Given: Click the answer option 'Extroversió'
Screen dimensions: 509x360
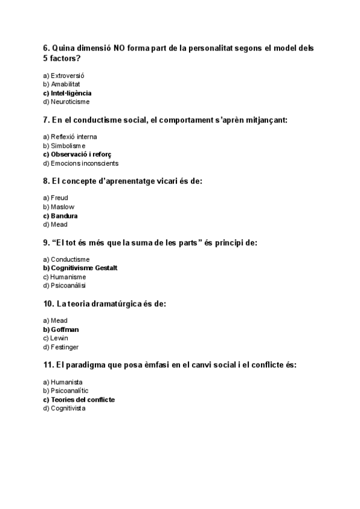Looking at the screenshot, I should (67, 76).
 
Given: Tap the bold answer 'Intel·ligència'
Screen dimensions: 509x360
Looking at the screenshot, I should (71, 93).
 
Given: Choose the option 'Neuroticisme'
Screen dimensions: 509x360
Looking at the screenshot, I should (68, 102).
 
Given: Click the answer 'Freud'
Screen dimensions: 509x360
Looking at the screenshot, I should (59, 198).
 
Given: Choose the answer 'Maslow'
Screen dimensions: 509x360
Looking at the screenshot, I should (62, 207).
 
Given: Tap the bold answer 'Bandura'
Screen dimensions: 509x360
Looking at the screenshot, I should (64, 215).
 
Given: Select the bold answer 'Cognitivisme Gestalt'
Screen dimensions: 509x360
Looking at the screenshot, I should (84, 268).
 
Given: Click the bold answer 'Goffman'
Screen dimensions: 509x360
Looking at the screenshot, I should (65, 330).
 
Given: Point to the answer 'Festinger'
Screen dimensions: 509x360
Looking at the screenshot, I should (65, 347).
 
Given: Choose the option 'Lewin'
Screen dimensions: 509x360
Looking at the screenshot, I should (59, 338).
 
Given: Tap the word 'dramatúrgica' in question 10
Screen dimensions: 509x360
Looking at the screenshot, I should (110, 304).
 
